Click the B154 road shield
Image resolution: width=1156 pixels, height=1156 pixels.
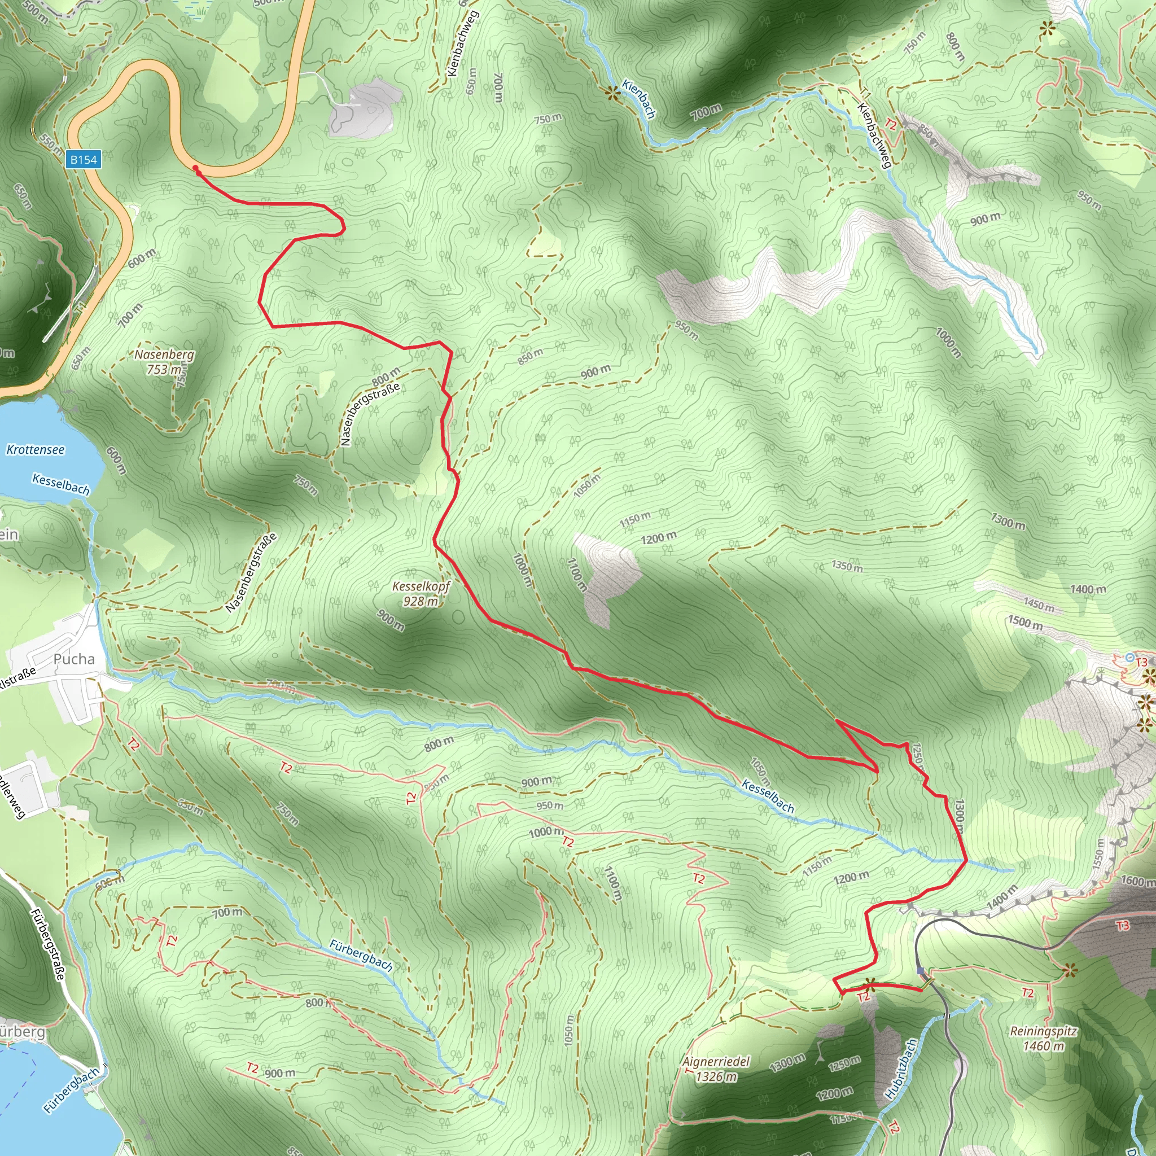(83, 159)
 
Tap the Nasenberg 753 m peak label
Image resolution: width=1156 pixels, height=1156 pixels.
(164, 361)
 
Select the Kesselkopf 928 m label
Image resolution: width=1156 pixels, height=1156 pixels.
(421, 594)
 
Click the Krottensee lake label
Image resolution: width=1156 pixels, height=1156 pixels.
(36, 449)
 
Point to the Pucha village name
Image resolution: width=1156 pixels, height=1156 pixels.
(74, 659)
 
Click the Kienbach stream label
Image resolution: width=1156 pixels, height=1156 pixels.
(639, 98)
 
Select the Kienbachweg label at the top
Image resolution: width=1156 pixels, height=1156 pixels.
(463, 43)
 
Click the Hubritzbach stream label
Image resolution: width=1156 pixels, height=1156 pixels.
(900, 1069)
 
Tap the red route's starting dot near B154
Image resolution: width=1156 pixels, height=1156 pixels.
(196, 168)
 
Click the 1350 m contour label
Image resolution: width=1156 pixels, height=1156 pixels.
(847, 566)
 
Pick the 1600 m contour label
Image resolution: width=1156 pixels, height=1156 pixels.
(1137, 881)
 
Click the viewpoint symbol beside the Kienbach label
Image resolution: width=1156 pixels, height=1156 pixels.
(612, 93)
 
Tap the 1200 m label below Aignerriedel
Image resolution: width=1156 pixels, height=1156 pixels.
(834, 1094)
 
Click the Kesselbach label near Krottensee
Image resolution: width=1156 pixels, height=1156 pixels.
(61, 484)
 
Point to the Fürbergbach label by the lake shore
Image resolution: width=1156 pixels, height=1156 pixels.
(71, 1091)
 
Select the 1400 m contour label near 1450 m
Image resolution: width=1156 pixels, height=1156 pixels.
(1088, 589)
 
